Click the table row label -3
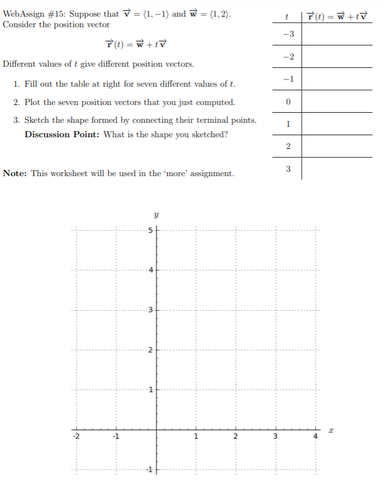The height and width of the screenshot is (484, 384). (x=287, y=34)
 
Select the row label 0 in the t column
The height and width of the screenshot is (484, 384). (x=287, y=102)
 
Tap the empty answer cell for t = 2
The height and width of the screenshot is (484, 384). (x=336, y=146)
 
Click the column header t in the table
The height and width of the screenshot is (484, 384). (x=286, y=17)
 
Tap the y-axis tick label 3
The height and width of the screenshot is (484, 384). (x=149, y=310)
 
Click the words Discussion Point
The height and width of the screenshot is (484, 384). (x=62, y=134)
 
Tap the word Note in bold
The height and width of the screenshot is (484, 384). (x=15, y=173)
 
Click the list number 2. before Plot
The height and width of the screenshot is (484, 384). (x=17, y=102)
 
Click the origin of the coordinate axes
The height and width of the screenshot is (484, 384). (x=156, y=429)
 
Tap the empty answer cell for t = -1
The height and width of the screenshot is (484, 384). (x=336, y=79)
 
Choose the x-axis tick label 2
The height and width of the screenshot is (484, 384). (x=235, y=437)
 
